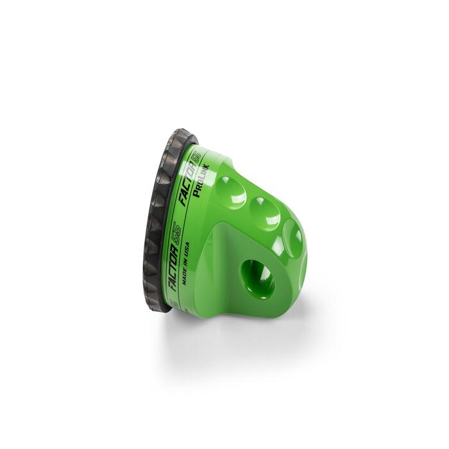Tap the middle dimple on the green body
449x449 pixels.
(260, 208)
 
